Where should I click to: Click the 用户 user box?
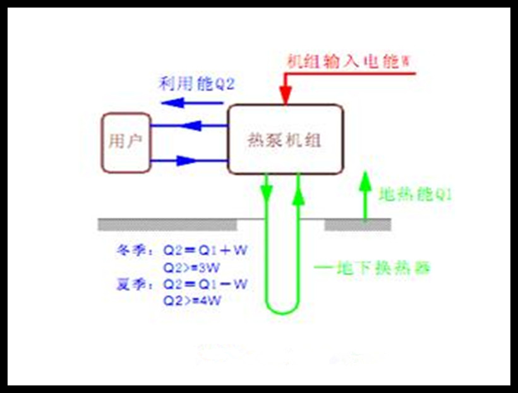coord(126,142)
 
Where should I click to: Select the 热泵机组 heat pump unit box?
coord(286,140)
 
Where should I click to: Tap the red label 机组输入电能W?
coord(348,62)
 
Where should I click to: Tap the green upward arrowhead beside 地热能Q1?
coord(364,179)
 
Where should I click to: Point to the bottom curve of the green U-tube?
coord(282,310)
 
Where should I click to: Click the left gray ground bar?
coord(167,224)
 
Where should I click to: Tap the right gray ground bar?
coord(358,224)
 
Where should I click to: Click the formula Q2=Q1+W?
coord(205,250)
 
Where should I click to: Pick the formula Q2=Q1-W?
coord(205,284)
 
